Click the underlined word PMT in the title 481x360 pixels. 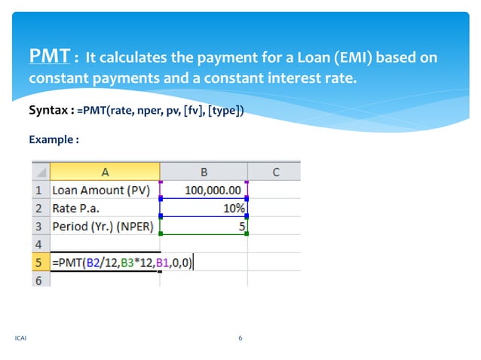51,56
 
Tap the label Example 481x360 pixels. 54,139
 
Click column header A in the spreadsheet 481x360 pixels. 105,172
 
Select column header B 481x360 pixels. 204,172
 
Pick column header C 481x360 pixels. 275,172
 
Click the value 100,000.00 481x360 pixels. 213,191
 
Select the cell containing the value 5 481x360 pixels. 240,226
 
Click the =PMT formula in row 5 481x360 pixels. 121,262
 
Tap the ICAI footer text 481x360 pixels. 20,338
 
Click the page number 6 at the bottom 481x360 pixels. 240,338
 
